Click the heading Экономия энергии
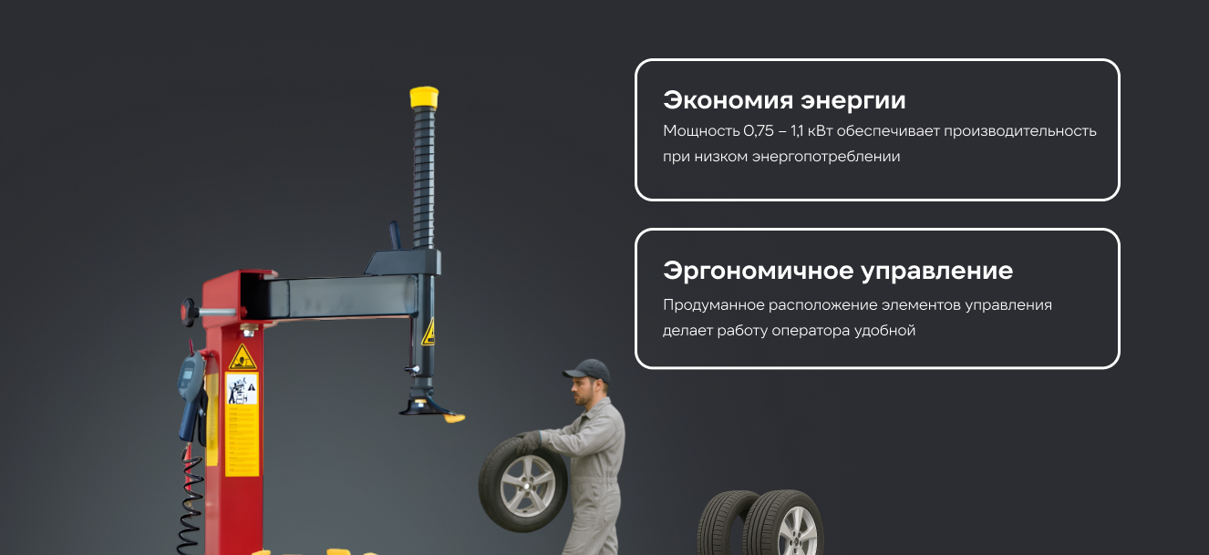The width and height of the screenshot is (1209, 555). tap(784, 100)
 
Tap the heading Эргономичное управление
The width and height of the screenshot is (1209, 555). tap(838, 271)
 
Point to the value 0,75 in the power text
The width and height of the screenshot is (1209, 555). tap(759, 131)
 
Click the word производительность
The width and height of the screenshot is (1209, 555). tap(1020, 131)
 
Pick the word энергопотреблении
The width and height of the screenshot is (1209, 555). tap(826, 157)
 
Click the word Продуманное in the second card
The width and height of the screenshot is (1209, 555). tap(714, 305)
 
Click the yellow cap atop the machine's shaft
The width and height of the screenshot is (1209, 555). tap(424, 98)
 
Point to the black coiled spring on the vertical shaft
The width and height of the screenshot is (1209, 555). tap(424, 177)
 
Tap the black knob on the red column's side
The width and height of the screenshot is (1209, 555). tap(189, 313)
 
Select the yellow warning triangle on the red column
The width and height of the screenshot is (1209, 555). tap(243, 357)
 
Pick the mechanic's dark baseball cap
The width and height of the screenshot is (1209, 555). tap(588, 371)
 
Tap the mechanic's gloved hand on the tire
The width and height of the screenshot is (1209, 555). tap(528, 442)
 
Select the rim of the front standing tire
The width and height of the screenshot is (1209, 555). tap(797, 532)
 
